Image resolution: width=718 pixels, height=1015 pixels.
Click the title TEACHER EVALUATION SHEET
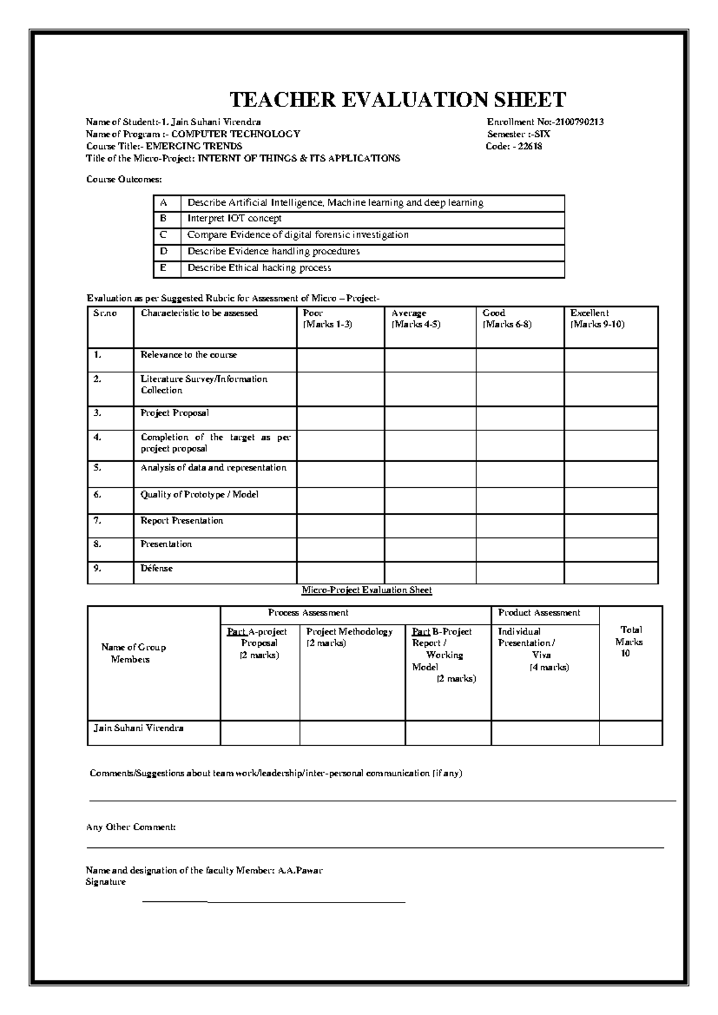point(398,99)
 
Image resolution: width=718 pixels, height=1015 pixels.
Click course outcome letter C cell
point(163,235)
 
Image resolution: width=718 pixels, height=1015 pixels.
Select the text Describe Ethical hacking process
point(259,268)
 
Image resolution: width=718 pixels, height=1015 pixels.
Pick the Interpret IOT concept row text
point(234,219)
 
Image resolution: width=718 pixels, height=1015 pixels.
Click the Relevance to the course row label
point(188,355)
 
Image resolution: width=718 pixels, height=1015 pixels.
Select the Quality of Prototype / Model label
point(199,495)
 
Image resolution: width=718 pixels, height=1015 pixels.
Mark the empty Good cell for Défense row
point(519,572)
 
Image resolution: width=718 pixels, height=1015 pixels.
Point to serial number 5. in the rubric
point(98,468)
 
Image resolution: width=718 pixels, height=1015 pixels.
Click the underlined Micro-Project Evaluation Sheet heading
point(367,590)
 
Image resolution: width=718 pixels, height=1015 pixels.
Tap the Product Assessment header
point(539,613)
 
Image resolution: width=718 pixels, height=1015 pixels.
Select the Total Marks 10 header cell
point(631,642)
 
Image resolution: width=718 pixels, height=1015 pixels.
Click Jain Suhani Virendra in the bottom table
point(138,729)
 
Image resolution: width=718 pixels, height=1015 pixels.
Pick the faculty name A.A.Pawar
point(300,871)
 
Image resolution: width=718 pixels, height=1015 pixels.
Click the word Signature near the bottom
point(106,882)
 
